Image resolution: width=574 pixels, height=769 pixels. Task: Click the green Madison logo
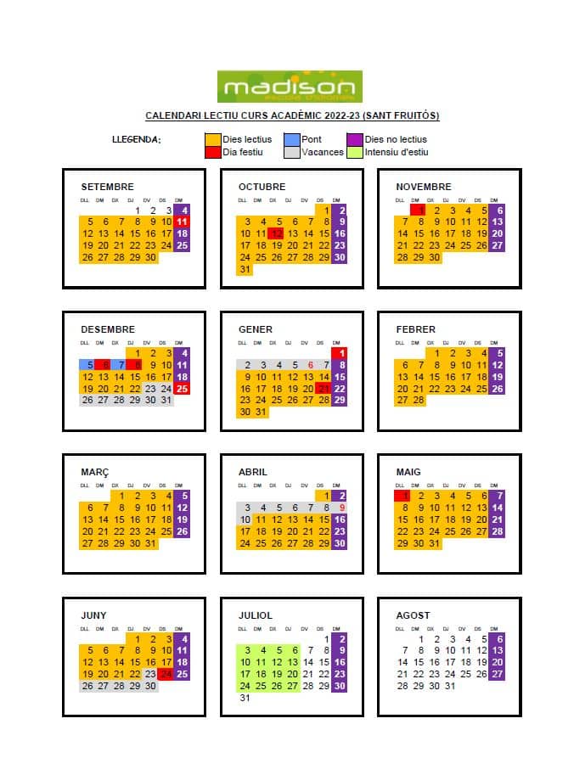pos(290,87)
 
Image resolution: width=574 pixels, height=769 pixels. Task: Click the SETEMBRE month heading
pos(107,187)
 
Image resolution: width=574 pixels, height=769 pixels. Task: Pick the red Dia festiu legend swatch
pos(212,153)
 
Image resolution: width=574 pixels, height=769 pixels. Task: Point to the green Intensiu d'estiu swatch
pos(354,153)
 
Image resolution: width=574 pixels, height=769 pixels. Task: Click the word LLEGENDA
pos(137,140)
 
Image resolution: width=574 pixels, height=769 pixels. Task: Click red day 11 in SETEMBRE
pos(182,222)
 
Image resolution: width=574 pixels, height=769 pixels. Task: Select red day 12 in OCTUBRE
pos(276,233)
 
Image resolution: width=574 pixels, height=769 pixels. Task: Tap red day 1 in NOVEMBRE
pos(418,210)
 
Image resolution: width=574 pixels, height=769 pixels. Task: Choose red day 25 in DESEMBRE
pos(182,389)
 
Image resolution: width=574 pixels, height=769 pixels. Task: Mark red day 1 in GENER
pos(340,353)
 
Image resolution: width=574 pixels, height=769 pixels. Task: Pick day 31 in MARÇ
pos(151,543)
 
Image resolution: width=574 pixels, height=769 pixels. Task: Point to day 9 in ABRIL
pos(340,508)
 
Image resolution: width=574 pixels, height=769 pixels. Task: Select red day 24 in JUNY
pos(166,675)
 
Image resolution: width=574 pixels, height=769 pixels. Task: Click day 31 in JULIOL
pos(245,698)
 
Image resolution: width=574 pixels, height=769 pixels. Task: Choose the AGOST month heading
pos(414,615)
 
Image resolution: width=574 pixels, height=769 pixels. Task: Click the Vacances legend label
pos(323,153)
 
